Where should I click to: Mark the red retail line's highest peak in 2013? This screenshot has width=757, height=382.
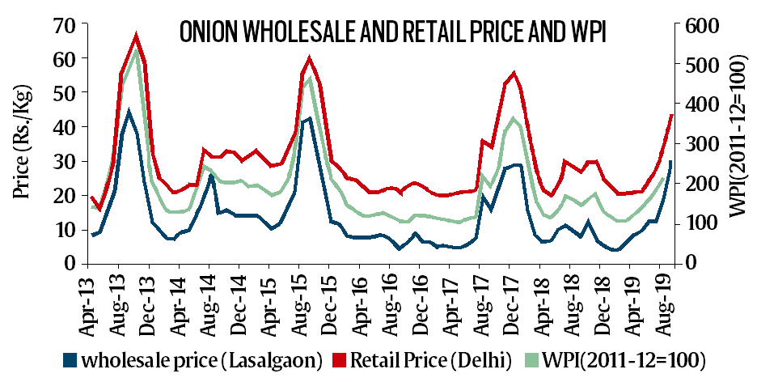(137, 35)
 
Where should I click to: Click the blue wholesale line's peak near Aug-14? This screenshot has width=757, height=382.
(212, 175)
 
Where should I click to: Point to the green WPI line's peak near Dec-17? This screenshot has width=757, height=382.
(513, 118)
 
